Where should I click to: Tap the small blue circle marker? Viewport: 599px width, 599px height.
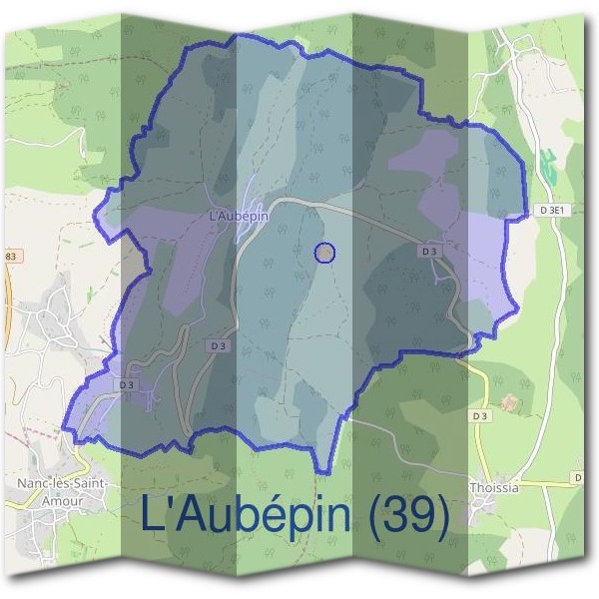(324, 254)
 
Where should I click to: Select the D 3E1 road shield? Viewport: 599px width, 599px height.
(552, 210)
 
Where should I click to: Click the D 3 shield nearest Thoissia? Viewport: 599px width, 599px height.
(481, 415)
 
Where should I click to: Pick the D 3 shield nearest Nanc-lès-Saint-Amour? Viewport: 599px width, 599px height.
(127, 384)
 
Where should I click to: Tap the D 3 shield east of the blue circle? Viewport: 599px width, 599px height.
(430, 252)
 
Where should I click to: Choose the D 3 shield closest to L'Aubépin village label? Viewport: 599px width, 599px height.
(218, 345)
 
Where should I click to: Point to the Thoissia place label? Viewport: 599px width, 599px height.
(493, 489)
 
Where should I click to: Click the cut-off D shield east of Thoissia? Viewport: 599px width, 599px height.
(579, 480)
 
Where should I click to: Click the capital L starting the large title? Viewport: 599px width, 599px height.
(152, 515)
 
